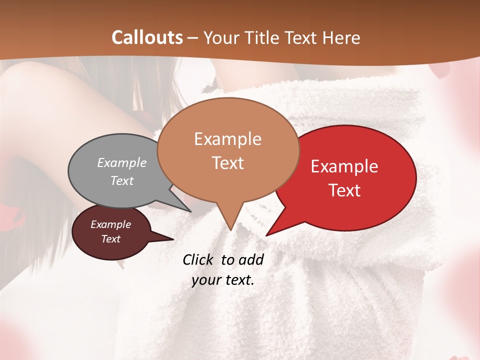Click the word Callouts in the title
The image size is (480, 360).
tap(147, 37)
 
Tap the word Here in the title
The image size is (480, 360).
tap(342, 37)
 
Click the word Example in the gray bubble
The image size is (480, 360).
tap(122, 163)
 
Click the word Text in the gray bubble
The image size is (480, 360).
tap(122, 181)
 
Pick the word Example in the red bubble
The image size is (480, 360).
tap(344, 166)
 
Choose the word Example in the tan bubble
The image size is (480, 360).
tap(227, 139)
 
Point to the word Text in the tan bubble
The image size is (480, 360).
tap(228, 163)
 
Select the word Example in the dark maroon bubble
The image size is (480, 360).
tap(110, 224)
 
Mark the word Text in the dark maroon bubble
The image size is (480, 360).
tap(111, 239)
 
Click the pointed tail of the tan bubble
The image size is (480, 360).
tap(230, 228)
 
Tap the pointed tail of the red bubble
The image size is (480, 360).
tap(268, 234)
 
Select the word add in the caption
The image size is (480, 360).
tap(251, 259)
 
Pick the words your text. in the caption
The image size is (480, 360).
tap(223, 280)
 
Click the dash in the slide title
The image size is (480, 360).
tap(193, 38)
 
